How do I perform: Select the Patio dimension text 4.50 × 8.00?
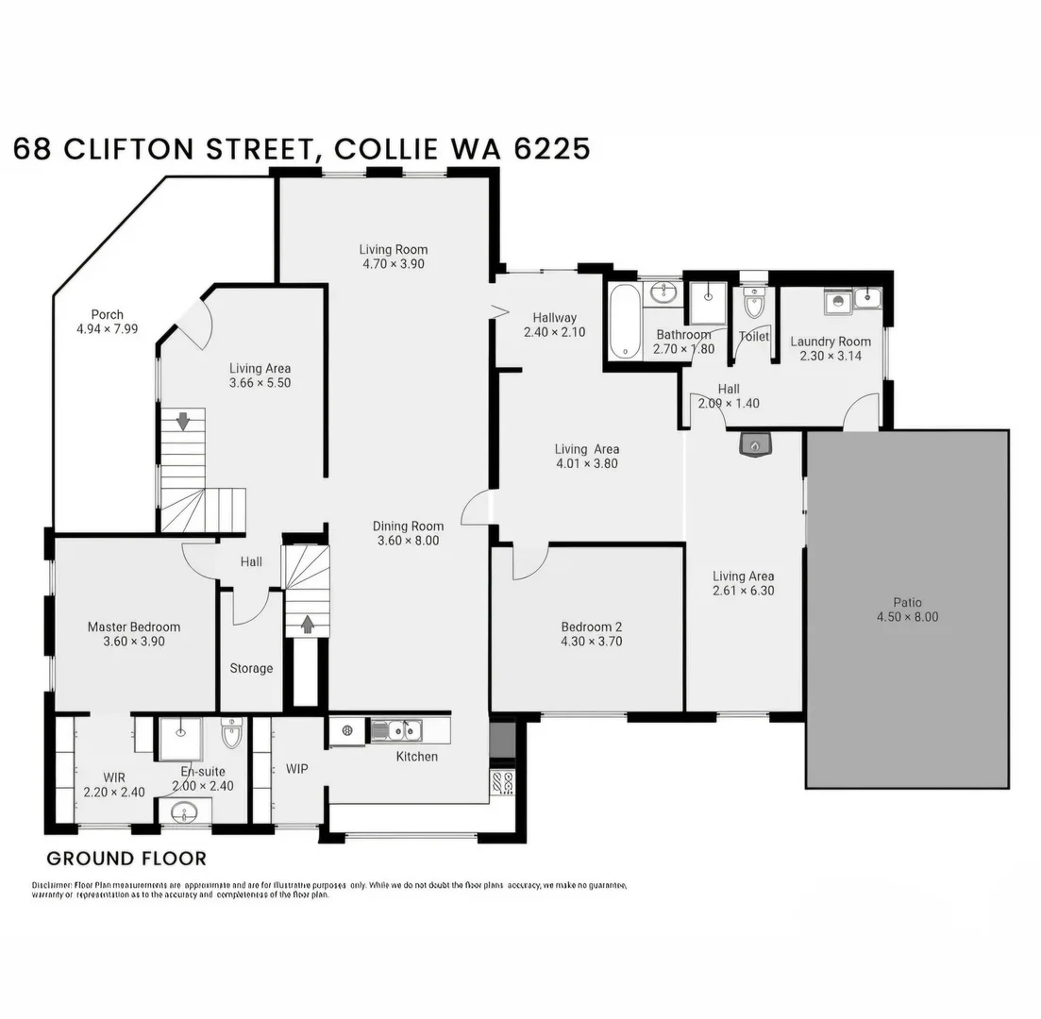tap(907, 617)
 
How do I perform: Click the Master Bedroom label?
tap(134, 626)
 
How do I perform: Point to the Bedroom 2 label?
tap(592, 626)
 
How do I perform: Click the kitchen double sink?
tap(395, 729)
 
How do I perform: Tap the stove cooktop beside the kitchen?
tap(502, 782)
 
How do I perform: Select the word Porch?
tap(107, 314)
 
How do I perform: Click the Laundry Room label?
tap(831, 342)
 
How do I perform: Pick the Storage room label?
tap(251, 669)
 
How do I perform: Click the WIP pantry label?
tap(297, 769)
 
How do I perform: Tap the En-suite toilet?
tap(231, 732)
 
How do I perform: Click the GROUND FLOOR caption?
tap(126, 859)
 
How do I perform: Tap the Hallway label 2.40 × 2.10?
tap(555, 332)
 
